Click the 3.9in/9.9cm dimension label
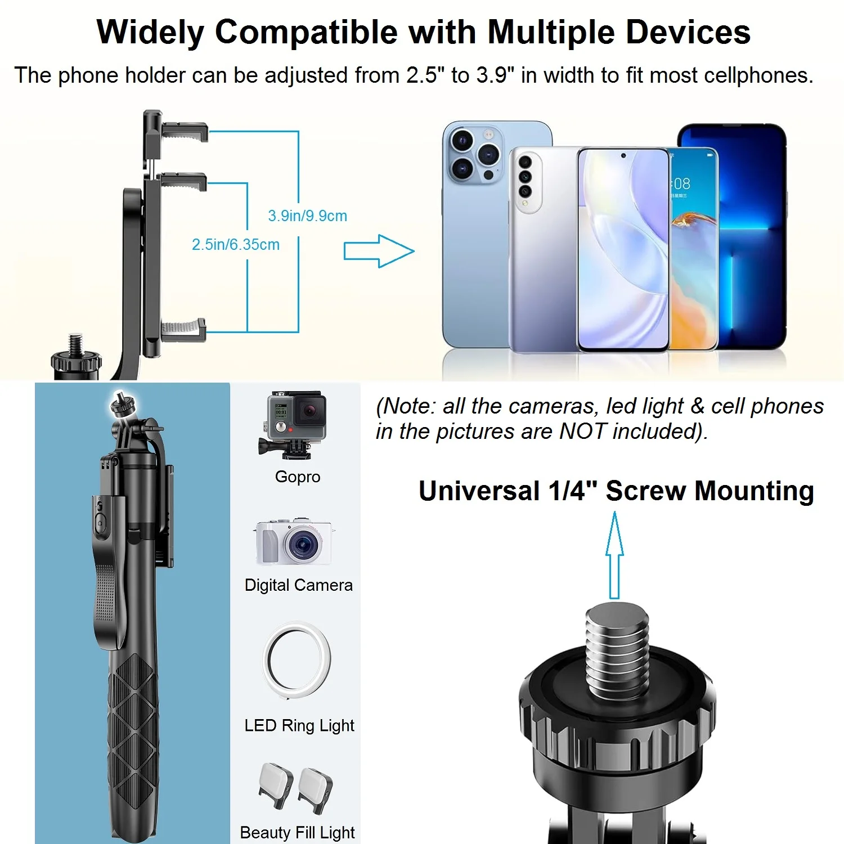click(307, 216)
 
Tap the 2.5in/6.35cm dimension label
click(236, 244)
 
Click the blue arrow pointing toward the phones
click(379, 251)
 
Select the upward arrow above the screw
click(614, 554)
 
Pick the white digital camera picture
click(294, 541)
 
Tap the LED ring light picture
click(297, 659)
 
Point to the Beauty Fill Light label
click(297, 832)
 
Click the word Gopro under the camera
click(298, 477)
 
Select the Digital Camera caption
click(298, 585)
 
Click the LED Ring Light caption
click(299, 725)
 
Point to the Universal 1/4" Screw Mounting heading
click(616, 491)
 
